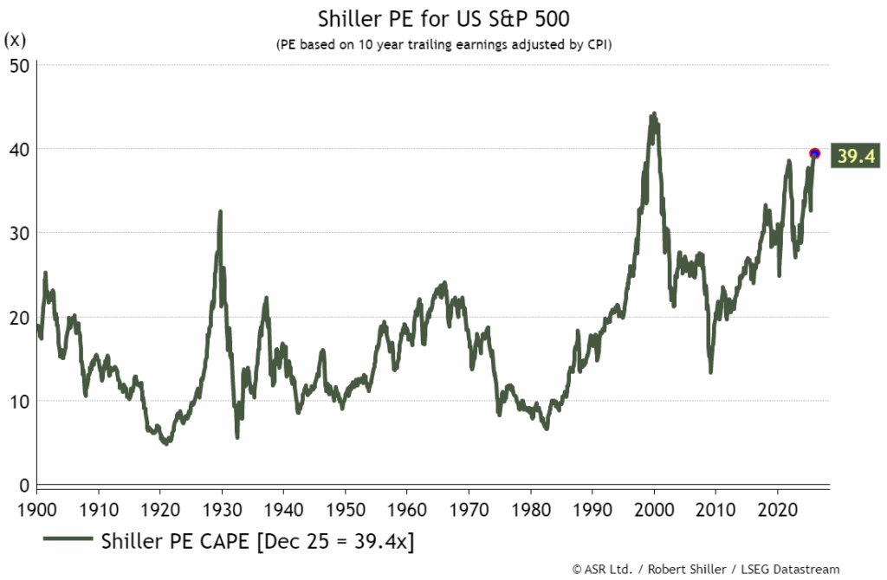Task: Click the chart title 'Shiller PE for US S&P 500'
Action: click(x=443, y=18)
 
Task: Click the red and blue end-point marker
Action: click(x=814, y=153)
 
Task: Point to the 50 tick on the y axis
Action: click(x=20, y=65)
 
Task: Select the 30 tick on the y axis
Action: click(x=20, y=233)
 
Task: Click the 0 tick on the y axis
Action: click(x=25, y=485)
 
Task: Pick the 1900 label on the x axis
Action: click(x=36, y=506)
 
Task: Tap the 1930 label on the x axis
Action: click(x=222, y=506)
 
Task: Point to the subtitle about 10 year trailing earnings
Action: click(x=443, y=44)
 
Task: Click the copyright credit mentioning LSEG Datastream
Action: click(x=706, y=569)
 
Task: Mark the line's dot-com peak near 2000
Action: click(x=653, y=113)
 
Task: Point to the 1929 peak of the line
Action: click(x=220, y=211)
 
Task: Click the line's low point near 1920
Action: click(x=165, y=442)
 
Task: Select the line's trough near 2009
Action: click(x=711, y=371)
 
